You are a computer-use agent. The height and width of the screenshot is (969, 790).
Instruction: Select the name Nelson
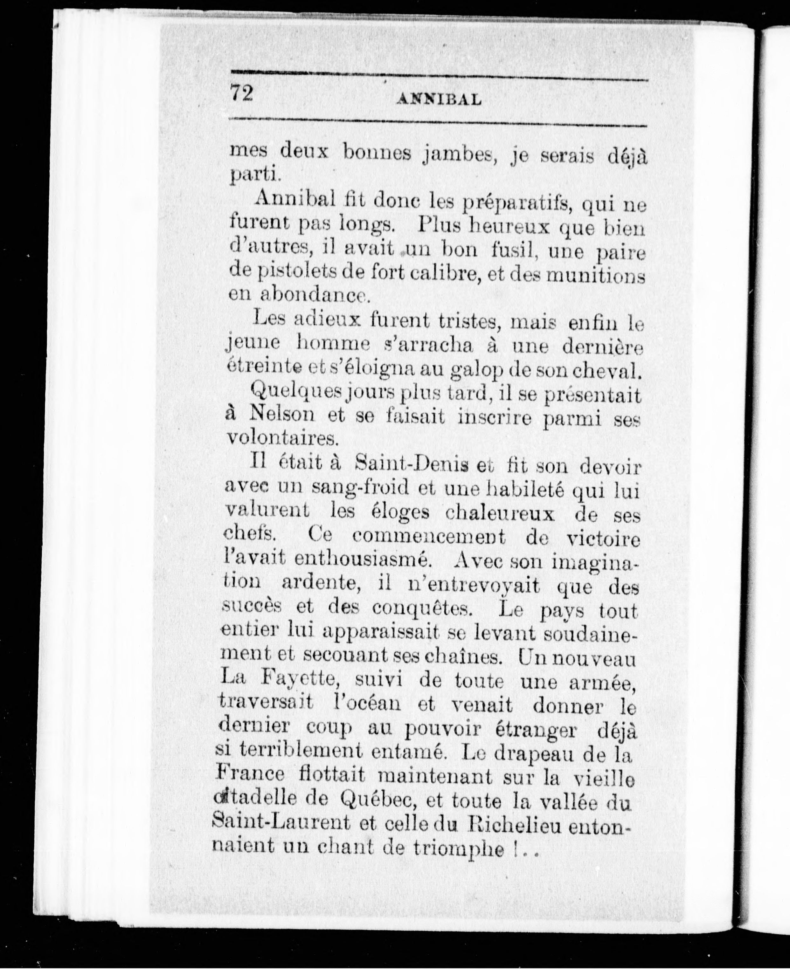pos(282,415)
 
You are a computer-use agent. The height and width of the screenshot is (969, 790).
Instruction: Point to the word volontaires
pos(282,438)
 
